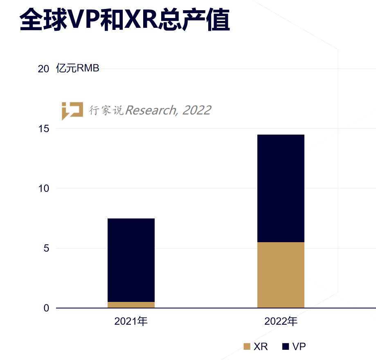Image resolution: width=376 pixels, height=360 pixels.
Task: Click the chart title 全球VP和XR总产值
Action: [124, 20]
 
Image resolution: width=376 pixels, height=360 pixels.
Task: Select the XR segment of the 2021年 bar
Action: [131, 305]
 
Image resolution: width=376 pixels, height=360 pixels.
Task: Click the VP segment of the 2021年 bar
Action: [131, 260]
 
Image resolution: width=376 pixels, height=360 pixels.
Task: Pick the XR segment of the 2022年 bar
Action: [281, 275]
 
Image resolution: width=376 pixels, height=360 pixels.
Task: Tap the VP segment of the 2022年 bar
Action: [281, 188]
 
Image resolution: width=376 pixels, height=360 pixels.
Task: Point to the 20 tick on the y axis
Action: [43, 69]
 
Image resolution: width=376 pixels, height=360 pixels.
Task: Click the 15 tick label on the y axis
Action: [43, 129]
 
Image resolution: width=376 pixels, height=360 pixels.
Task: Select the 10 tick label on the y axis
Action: [43, 189]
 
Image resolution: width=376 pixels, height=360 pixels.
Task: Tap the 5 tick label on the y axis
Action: [46, 248]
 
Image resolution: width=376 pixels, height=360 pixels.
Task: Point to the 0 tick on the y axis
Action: [46, 308]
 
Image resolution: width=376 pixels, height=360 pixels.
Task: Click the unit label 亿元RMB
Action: [78, 68]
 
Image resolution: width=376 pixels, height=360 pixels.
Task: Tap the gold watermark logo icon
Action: [72, 110]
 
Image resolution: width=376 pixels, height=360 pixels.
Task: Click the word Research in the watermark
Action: [151, 110]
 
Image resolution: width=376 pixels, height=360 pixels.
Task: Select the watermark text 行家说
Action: [106, 110]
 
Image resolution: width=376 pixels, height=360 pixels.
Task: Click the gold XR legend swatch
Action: [247, 346]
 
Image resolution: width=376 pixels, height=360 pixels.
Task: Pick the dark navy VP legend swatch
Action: [286, 346]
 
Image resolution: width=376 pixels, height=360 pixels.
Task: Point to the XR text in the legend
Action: [261, 346]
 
